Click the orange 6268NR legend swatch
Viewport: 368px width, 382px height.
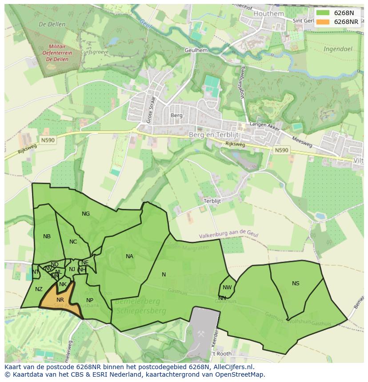[323, 22]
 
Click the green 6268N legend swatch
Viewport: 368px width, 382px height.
[323, 13]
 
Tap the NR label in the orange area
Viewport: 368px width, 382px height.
[60, 300]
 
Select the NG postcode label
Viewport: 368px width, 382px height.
[86, 214]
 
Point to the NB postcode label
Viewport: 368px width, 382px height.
[47, 236]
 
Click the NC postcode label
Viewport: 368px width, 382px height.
[73, 242]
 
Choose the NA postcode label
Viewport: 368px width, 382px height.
[129, 256]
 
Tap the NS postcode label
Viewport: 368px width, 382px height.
[296, 284]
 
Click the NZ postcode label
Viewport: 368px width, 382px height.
[39, 289]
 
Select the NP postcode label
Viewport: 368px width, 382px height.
[90, 300]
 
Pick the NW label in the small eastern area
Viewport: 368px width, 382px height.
[227, 287]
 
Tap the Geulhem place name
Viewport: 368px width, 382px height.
[196, 51]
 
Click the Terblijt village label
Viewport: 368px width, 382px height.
[212, 201]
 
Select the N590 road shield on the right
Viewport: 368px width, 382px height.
[281, 150]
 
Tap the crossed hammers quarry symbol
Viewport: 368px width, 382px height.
[201, 333]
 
